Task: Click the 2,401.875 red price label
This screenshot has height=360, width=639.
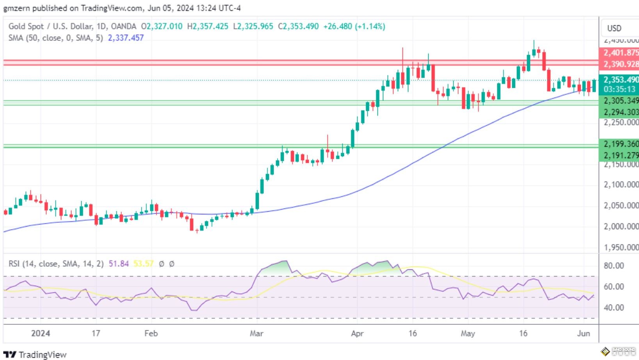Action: (620, 53)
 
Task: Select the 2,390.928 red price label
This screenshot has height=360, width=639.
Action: (620, 64)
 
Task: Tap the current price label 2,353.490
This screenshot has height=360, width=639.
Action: (620, 80)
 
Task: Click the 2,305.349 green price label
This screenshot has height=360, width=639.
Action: (620, 101)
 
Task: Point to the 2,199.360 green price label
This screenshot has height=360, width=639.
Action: (620, 144)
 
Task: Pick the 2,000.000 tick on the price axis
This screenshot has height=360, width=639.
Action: (621, 226)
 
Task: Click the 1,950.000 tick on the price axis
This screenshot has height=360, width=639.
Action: (621, 248)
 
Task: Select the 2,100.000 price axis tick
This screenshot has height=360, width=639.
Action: (621, 185)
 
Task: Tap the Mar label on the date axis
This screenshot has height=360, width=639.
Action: (256, 333)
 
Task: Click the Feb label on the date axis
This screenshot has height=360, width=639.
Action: (151, 333)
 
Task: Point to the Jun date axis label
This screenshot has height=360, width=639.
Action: (584, 333)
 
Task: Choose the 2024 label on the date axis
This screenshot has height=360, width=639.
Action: (41, 333)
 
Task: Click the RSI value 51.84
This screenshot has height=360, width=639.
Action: (119, 264)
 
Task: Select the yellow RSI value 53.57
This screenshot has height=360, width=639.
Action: (143, 264)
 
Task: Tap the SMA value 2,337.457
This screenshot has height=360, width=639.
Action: (126, 38)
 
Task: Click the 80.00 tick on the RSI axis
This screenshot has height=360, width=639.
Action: (614, 266)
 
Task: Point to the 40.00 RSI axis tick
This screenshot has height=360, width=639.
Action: (614, 308)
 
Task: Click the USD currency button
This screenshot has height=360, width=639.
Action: (614, 28)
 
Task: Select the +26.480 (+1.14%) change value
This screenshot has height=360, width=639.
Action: (354, 27)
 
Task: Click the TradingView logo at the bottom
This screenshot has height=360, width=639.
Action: (35, 355)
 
